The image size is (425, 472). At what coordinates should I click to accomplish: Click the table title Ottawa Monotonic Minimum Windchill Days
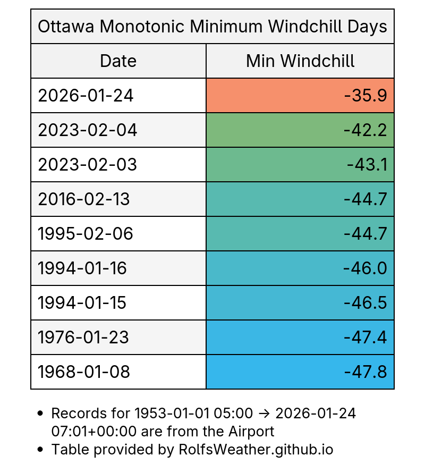(212, 27)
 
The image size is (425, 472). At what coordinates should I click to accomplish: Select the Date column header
(118, 61)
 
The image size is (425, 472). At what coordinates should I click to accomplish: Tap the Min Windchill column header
(300, 61)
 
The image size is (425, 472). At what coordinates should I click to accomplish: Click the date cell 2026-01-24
(86, 96)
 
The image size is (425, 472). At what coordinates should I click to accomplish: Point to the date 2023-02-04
(88, 130)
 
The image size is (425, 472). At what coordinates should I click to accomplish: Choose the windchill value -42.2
(365, 130)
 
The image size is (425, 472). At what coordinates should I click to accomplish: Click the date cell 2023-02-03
(88, 165)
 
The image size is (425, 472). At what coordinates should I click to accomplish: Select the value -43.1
(367, 165)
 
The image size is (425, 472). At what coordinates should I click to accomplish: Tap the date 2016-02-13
(84, 199)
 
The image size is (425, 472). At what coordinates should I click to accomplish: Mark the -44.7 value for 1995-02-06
(365, 234)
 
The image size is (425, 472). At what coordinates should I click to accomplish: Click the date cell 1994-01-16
(82, 268)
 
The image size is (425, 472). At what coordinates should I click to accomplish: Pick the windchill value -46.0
(365, 268)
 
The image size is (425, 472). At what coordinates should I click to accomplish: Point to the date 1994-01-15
(82, 303)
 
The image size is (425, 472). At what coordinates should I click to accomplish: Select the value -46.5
(365, 303)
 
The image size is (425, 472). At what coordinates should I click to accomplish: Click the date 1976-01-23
(84, 338)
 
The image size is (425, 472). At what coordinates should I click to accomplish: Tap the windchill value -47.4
(365, 338)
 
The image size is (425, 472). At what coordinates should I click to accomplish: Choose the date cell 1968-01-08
(84, 372)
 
